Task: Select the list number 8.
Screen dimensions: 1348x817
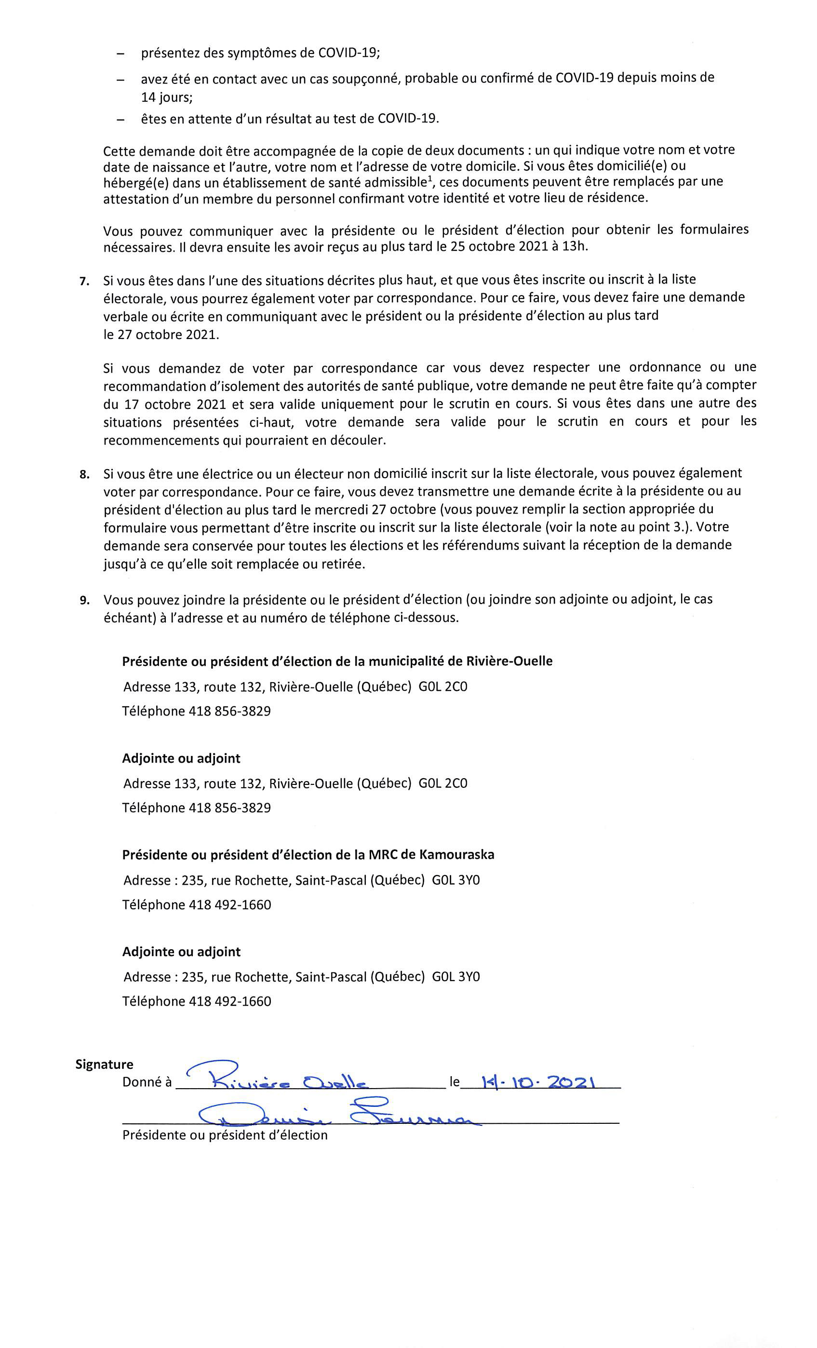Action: (x=84, y=474)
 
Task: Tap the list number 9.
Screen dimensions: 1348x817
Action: (x=84, y=601)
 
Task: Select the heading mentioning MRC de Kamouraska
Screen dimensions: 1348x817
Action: (x=308, y=854)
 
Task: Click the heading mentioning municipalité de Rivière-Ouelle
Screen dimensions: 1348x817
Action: (x=337, y=661)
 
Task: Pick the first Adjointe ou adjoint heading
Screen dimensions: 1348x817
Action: (x=181, y=758)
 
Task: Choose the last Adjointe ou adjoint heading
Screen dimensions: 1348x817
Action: (x=181, y=951)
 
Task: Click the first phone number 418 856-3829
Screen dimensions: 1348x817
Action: (x=230, y=711)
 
